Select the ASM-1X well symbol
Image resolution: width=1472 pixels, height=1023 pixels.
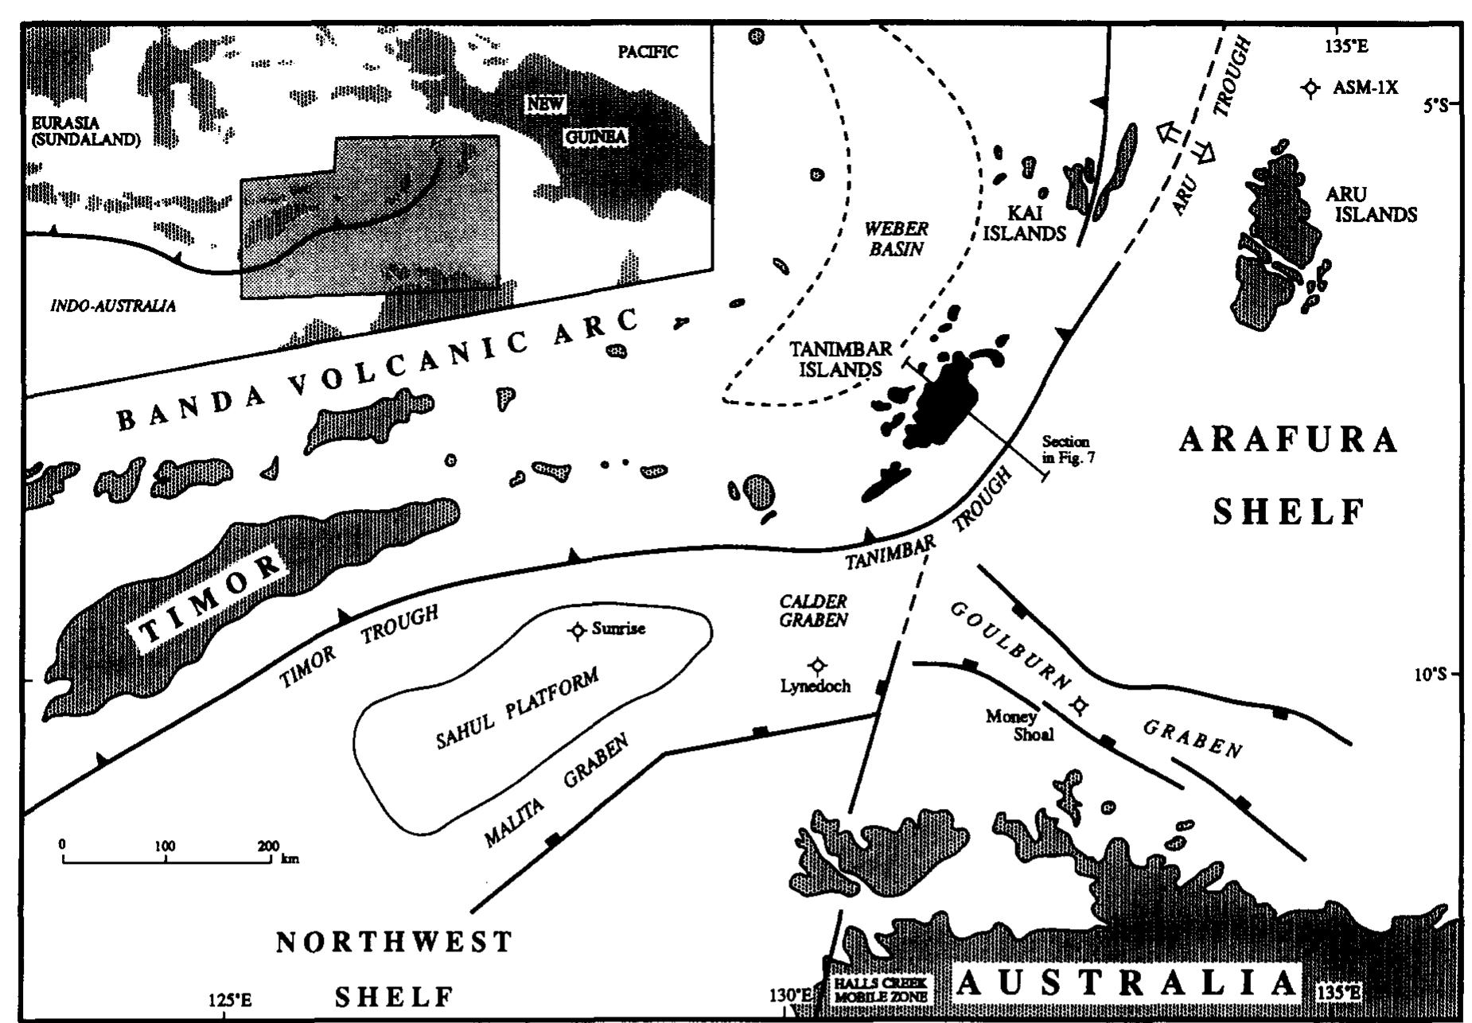pyautogui.click(x=1310, y=88)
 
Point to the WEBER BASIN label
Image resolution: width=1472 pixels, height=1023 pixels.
pyautogui.click(x=897, y=239)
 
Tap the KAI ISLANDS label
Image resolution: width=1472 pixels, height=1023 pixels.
pyautogui.click(x=1024, y=224)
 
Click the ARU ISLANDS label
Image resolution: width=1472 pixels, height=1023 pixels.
pyautogui.click(x=1371, y=204)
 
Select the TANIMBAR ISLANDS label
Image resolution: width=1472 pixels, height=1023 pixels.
pyautogui.click(x=840, y=359)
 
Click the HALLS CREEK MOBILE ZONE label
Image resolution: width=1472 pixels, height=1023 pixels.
pyautogui.click(x=880, y=990)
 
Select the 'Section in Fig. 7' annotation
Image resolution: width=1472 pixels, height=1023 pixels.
pyautogui.click(x=1065, y=449)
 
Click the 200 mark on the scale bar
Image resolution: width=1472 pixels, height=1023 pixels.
pyautogui.click(x=268, y=846)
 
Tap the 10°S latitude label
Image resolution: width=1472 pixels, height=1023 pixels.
pyautogui.click(x=1431, y=675)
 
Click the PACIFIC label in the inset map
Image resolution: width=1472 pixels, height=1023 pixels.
pyautogui.click(x=648, y=53)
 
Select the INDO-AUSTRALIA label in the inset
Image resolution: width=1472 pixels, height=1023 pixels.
pyautogui.click(x=113, y=306)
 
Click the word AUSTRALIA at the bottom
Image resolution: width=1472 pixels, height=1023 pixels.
pyautogui.click(x=1127, y=984)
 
